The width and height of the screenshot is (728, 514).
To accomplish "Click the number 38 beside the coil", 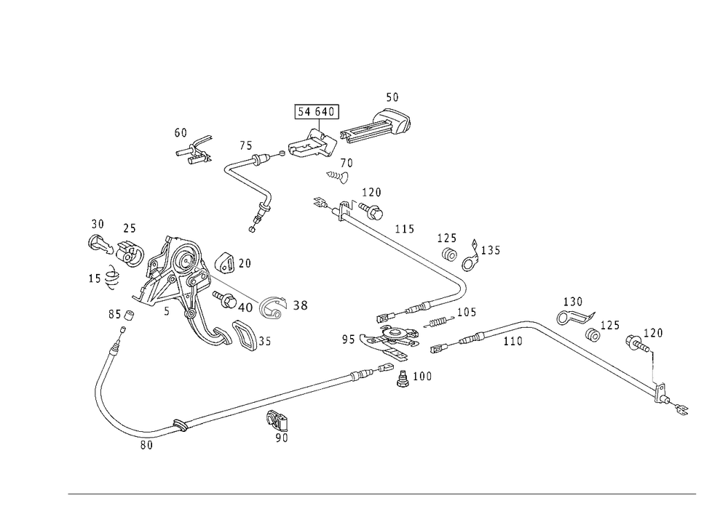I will tap(300, 307).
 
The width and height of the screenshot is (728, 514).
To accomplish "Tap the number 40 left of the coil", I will tap(245, 308).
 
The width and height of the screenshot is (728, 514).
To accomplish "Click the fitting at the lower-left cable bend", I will tap(144, 438).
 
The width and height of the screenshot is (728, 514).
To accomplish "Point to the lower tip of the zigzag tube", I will tap(253, 228).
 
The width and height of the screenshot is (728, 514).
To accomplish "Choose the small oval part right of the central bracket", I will tap(439, 320).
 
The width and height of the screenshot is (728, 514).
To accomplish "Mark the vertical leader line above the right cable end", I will tap(653, 372).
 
